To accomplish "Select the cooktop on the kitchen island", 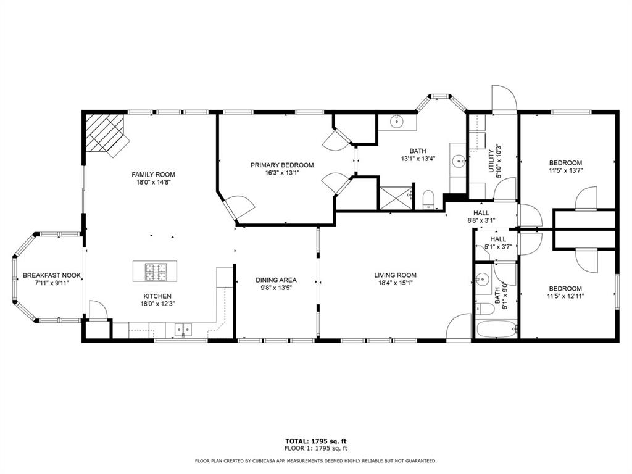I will point(156,269).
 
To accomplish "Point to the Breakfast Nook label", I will point(52,275).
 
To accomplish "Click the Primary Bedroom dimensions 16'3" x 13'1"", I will point(281,173).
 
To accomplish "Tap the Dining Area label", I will point(276,280).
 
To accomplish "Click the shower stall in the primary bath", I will point(393,198).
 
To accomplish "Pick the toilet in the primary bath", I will point(429,199).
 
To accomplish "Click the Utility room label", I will point(491,161).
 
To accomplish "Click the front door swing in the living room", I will point(459,326).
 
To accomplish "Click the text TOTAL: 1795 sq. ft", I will point(315,441).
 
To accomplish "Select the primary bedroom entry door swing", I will point(238,207).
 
